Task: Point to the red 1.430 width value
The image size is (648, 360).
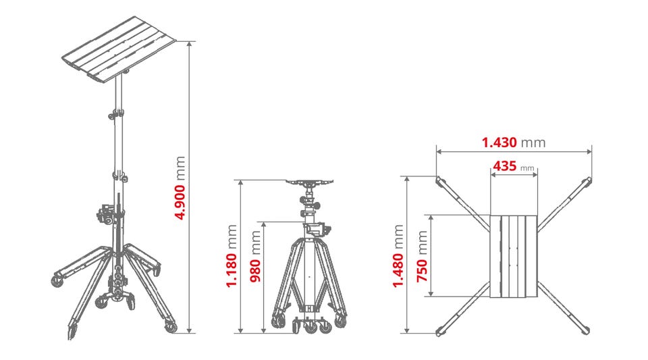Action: click(500, 143)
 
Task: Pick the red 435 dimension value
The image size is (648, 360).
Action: click(505, 166)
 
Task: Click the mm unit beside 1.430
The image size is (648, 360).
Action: click(533, 143)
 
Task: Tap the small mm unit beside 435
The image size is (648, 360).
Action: click(527, 168)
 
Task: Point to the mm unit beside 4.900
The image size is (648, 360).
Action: click(180, 168)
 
